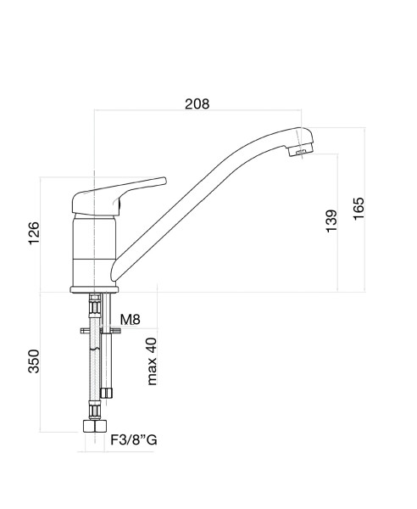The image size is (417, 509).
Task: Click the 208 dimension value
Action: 197,103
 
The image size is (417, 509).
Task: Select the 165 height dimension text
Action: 359,209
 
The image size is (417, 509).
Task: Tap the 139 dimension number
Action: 331,221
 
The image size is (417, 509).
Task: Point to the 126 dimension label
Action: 34,233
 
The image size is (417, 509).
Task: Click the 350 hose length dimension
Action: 34,361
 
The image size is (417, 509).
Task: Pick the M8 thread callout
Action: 130,320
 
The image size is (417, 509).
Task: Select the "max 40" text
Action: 152,361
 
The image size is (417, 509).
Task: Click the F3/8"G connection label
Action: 134,439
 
